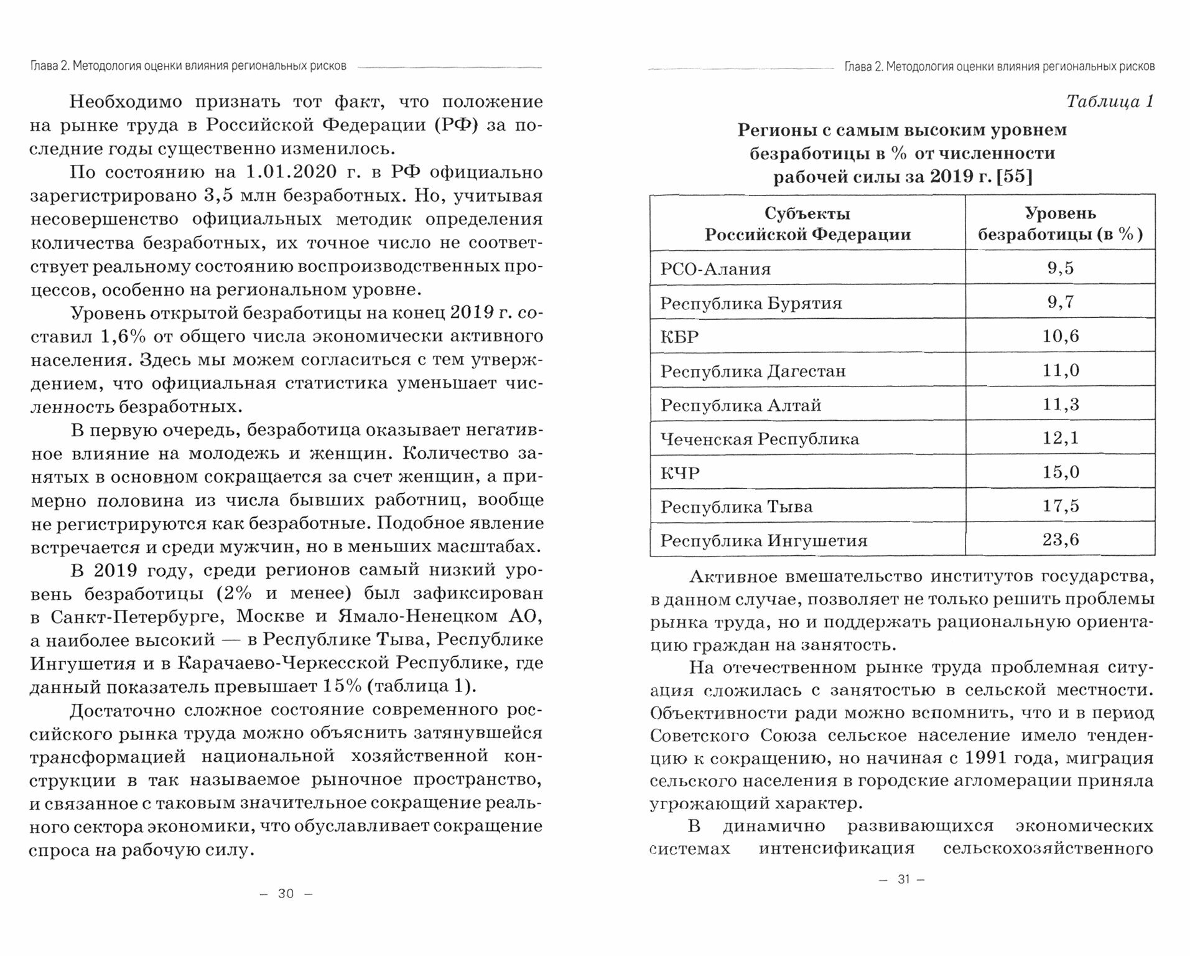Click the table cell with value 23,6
pos(1060,540)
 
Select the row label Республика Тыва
pos(736,507)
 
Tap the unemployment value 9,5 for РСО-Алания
pos(1060,268)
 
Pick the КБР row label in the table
pos(679,337)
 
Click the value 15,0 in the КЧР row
pos(1060,472)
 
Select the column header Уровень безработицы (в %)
pos(1060,223)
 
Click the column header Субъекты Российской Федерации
pos(807,223)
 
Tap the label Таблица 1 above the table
pos(1110,101)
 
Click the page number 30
pos(286,894)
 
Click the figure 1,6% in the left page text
pos(123,337)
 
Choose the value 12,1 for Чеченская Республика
pos(1060,438)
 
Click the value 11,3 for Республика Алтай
pos(1060,405)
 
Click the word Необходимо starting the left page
pos(126,102)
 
